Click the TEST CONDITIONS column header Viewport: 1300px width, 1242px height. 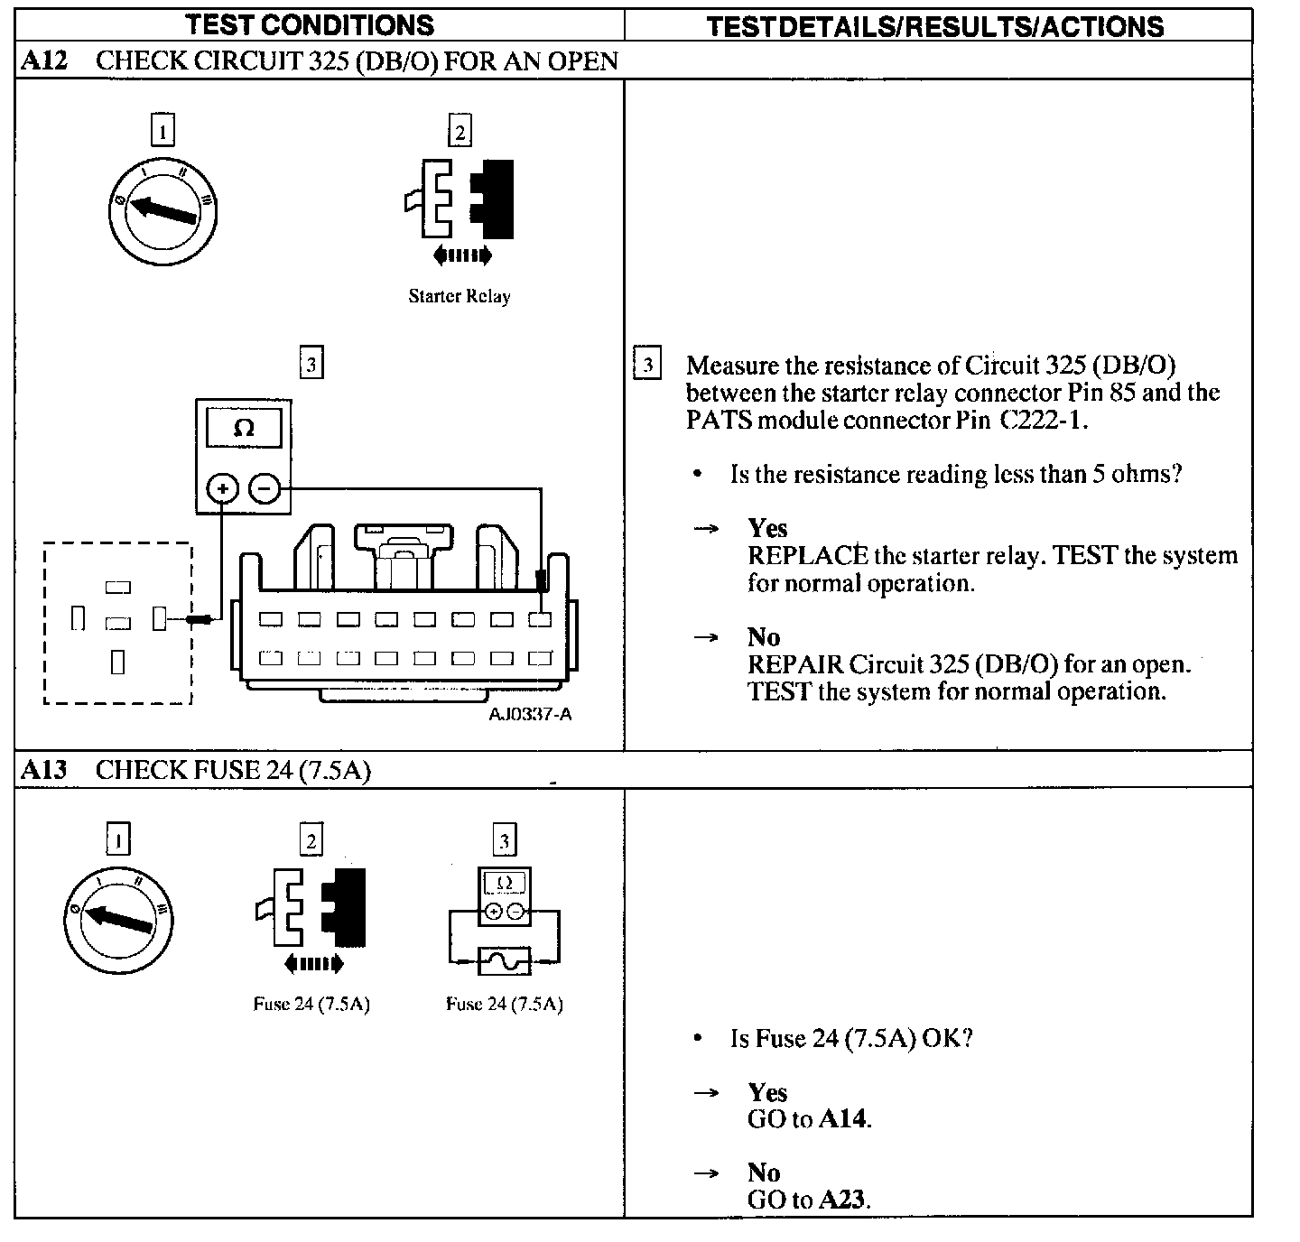tap(310, 24)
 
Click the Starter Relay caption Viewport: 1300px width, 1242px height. tap(460, 296)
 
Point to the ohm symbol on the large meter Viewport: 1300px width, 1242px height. tap(244, 428)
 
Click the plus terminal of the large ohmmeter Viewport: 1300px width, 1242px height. tap(223, 489)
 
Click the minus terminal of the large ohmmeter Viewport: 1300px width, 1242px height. tap(265, 489)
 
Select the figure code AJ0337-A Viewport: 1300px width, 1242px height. tap(530, 715)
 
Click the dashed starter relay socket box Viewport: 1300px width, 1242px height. tap(118, 623)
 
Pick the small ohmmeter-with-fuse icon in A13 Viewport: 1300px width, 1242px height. tap(505, 922)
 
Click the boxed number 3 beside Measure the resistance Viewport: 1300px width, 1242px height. tap(647, 365)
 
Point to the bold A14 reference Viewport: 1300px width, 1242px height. tap(844, 1119)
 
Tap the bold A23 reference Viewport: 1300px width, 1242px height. tap(844, 1200)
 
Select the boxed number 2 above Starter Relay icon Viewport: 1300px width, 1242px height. tap(460, 133)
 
